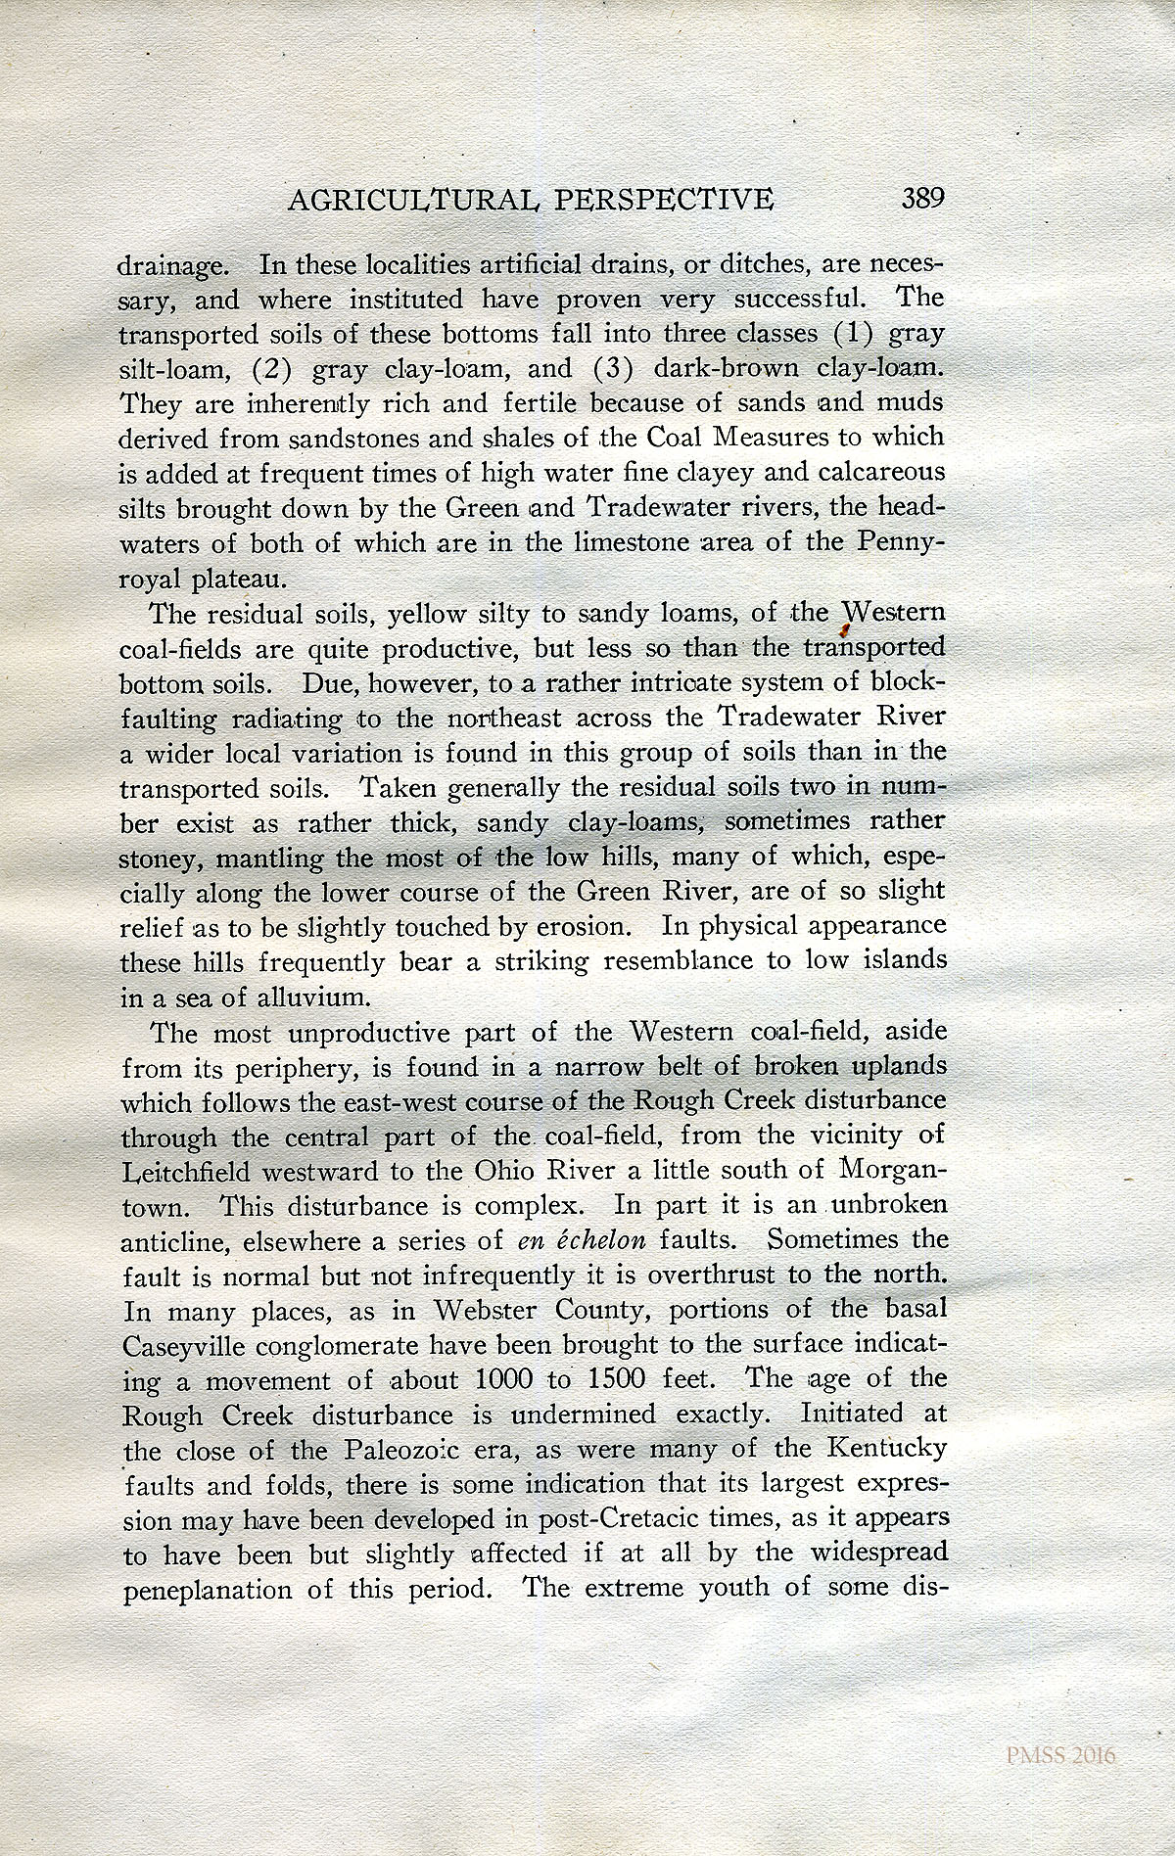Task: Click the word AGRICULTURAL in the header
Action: (410, 201)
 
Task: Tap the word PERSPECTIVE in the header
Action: (664, 201)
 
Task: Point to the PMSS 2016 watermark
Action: (1060, 1756)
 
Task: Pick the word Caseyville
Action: (187, 1346)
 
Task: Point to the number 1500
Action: (612, 1379)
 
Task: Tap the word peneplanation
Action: (209, 1588)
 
